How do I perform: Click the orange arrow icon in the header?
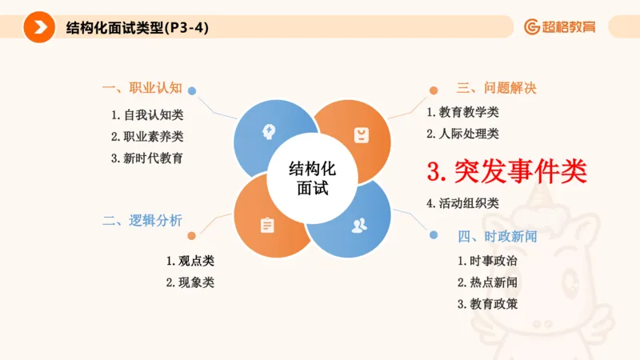[x=35, y=27]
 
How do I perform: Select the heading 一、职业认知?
[x=142, y=87]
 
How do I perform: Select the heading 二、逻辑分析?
[x=142, y=221]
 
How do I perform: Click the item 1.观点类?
[x=190, y=261]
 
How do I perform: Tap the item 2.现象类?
[x=190, y=282]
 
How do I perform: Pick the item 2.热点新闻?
[x=487, y=282]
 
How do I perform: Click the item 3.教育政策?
[x=487, y=304]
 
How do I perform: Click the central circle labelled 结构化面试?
[x=312, y=178]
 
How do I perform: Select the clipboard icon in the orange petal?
[x=266, y=225]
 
